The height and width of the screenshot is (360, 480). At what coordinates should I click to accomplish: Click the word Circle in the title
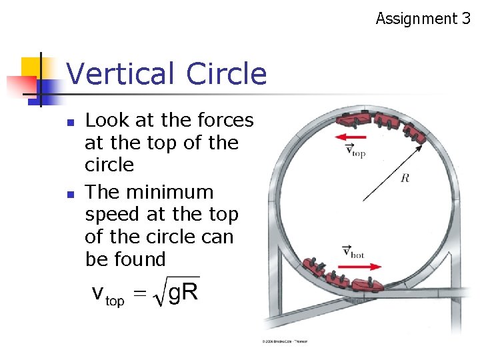(x=227, y=74)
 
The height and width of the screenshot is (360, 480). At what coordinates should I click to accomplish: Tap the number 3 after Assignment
(x=465, y=19)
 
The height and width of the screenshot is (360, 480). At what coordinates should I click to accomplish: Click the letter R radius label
(x=405, y=178)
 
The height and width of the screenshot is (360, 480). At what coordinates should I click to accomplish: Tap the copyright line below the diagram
(x=285, y=341)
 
